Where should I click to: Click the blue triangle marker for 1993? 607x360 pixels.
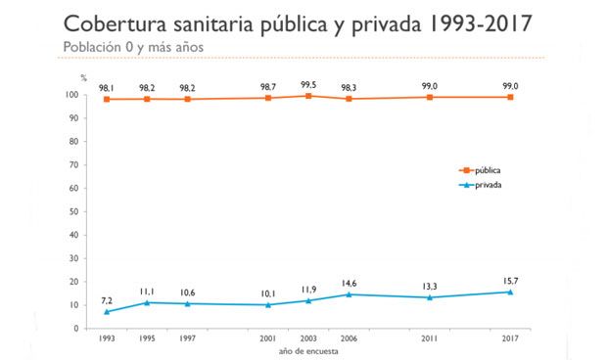click(105, 311)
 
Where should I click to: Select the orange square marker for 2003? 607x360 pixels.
click(308, 96)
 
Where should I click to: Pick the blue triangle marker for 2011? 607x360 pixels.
click(429, 297)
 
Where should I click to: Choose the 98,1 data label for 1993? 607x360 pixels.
click(106, 86)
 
